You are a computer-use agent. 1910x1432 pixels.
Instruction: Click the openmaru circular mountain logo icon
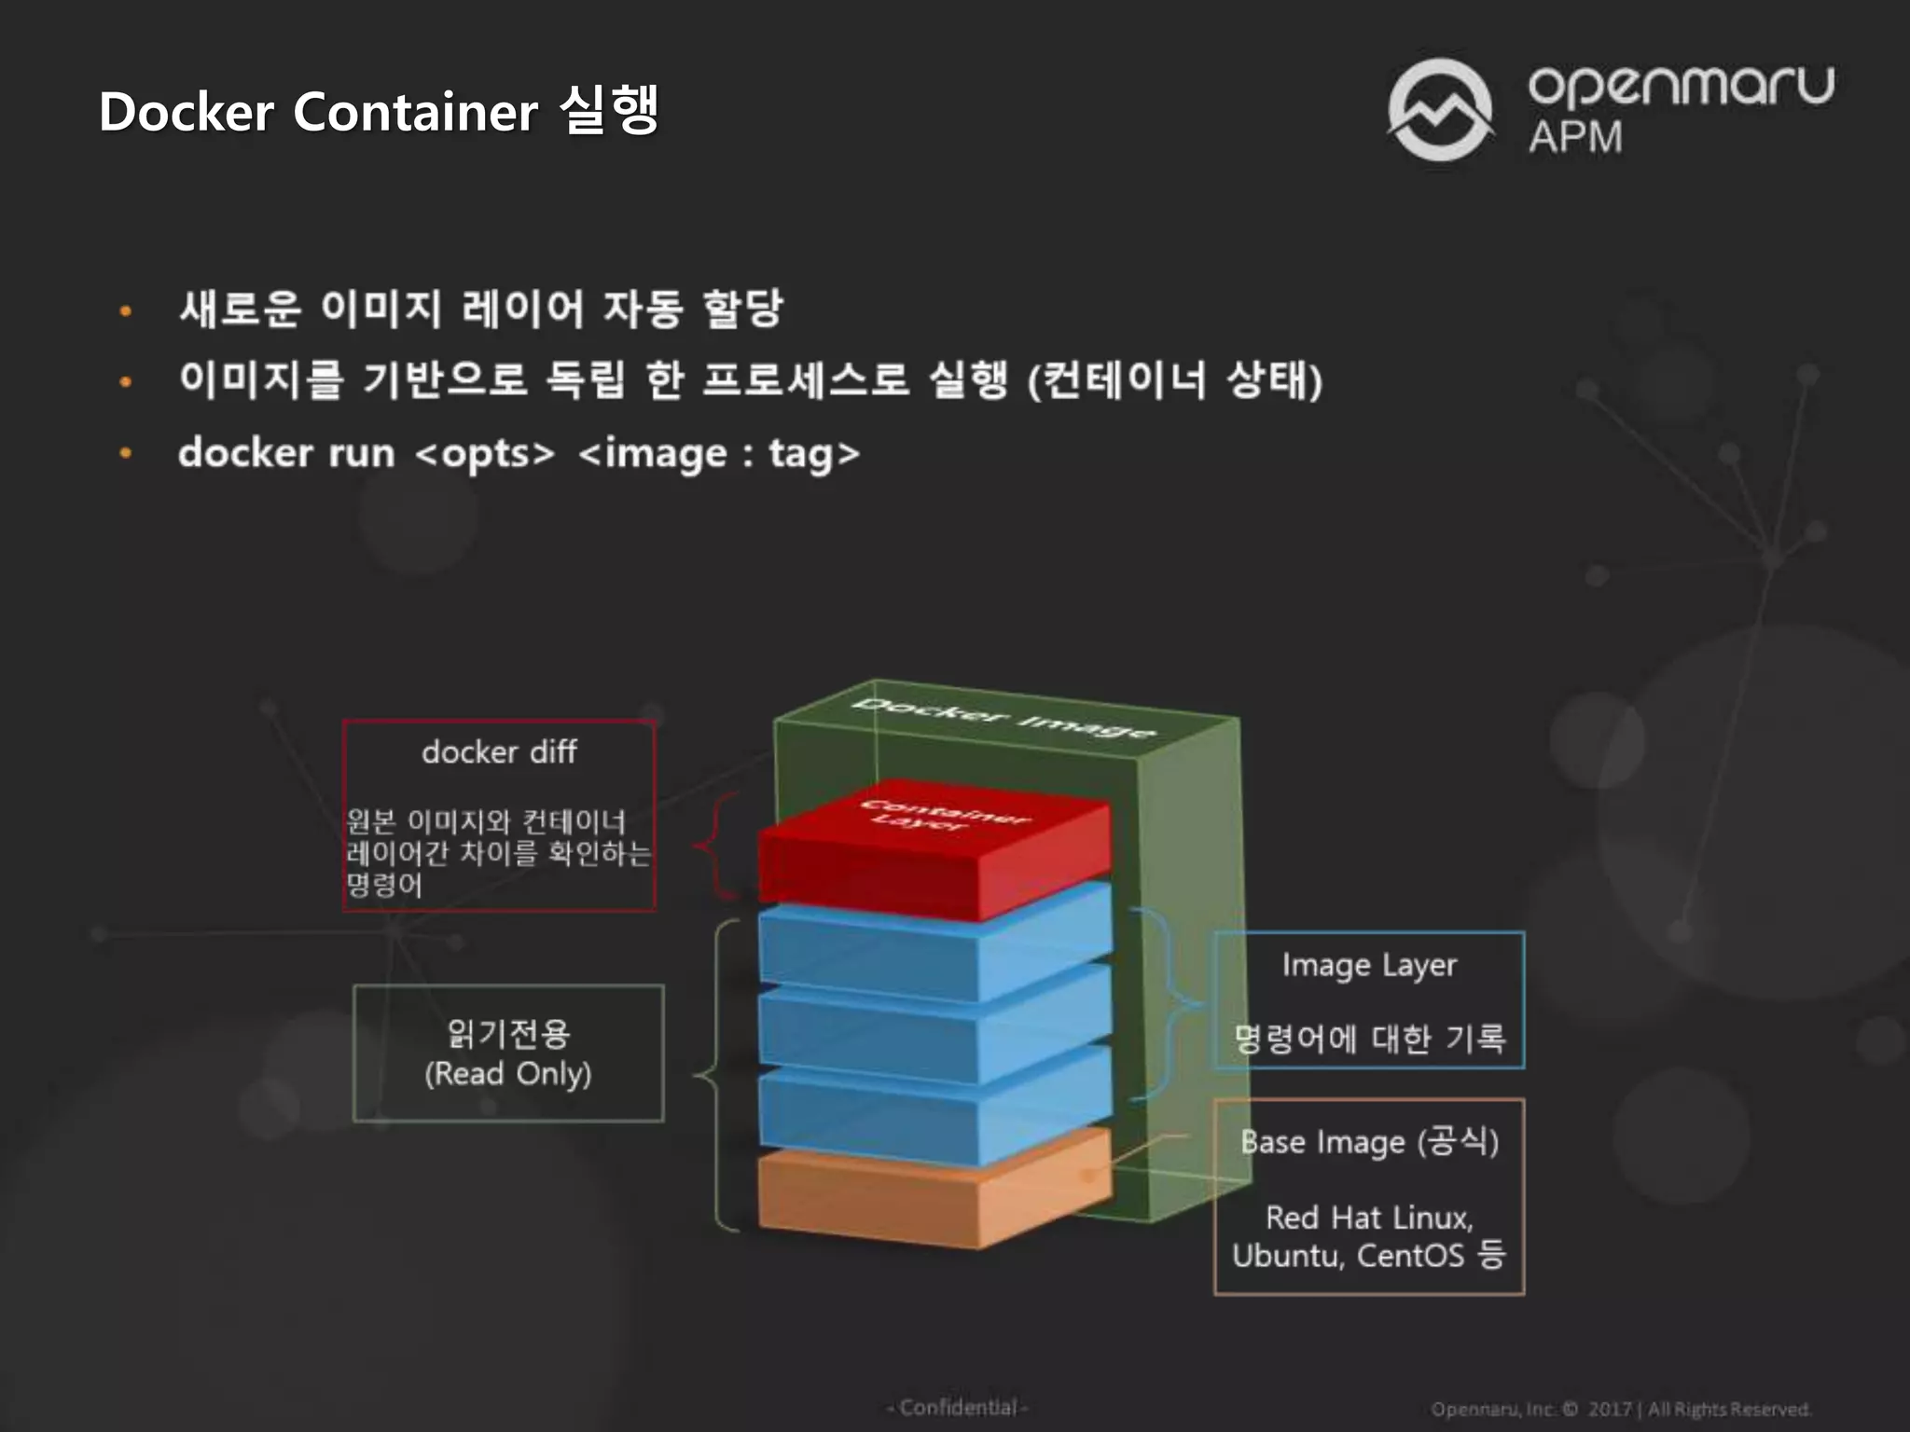click(1440, 110)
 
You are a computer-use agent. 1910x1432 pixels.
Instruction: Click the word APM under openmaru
click(1575, 137)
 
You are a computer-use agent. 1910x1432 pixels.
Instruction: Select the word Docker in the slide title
click(187, 112)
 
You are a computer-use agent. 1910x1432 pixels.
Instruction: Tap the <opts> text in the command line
click(485, 453)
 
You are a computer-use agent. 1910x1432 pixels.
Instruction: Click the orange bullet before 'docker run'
click(126, 454)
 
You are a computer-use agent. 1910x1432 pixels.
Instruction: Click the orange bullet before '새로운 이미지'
click(126, 310)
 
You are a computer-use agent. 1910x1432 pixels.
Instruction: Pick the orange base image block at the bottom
click(933, 1198)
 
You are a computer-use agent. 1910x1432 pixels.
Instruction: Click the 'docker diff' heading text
click(499, 751)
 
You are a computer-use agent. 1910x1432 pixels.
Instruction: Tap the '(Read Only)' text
click(508, 1074)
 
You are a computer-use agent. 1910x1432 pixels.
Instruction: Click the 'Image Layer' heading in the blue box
click(1369, 965)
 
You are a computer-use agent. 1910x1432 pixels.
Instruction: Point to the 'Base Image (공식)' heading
click(1369, 1142)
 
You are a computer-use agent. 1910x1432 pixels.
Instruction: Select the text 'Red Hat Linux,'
click(1369, 1218)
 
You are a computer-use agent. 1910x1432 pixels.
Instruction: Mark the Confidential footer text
click(958, 1407)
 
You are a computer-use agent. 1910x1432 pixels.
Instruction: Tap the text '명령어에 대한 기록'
click(1369, 1039)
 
